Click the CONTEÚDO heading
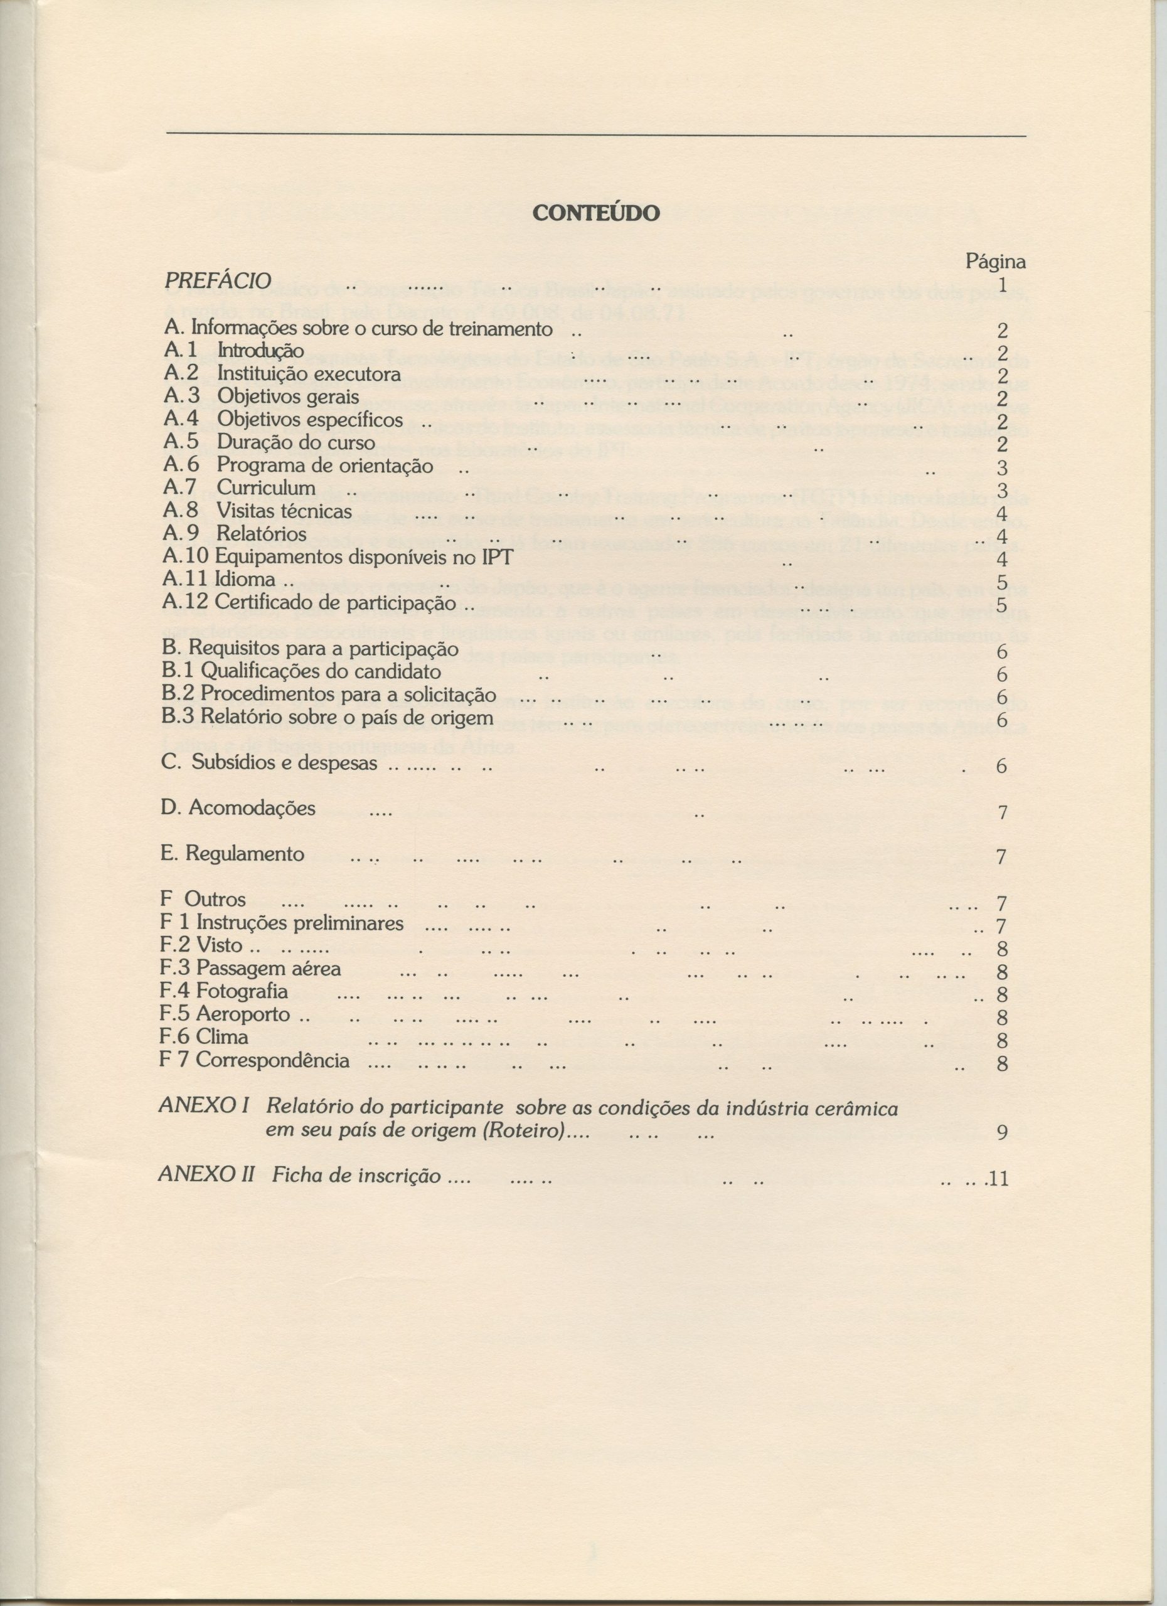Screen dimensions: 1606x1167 pos(595,213)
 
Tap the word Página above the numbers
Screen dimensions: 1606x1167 pos(996,262)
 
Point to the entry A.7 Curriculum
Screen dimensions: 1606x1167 pos(239,488)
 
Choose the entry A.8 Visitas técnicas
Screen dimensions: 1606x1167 pos(257,511)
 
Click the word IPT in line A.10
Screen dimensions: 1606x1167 pos(497,557)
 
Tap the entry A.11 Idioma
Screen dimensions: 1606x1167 pos(220,580)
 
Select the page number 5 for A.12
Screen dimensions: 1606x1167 pos(1001,605)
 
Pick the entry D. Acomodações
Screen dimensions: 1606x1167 pos(238,809)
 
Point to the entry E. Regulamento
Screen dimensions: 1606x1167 pos(233,854)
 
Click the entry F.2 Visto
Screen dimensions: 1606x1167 pos(203,946)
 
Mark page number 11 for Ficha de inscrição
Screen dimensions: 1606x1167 pos(998,1179)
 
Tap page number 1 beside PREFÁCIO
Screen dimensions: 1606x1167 pos(1001,285)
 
